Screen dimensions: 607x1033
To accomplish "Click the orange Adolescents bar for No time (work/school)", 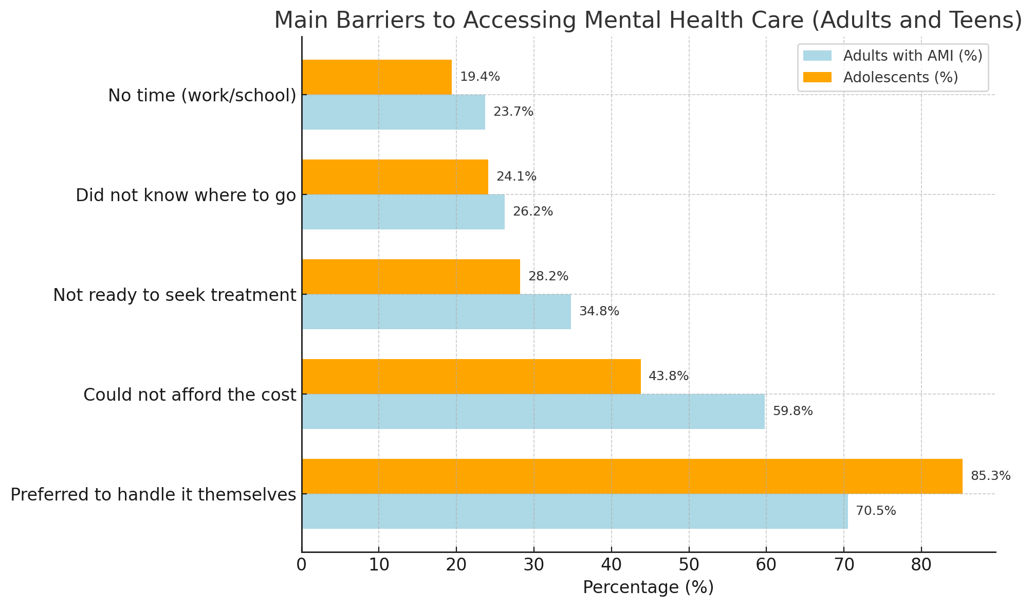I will (x=377, y=77).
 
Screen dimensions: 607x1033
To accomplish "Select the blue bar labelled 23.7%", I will (x=393, y=112).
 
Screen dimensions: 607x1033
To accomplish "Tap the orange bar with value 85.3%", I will (x=632, y=476).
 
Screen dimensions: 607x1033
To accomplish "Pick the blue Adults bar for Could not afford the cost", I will (x=533, y=412).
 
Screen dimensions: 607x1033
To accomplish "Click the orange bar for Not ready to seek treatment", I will (x=411, y=277).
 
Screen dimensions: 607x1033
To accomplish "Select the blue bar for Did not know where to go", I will (x=403, y=212).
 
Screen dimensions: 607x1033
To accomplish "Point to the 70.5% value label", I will (x=876, y=511).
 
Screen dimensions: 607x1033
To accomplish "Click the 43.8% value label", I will (x=668, y=377).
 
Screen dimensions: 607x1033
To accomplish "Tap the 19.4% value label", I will (x=479, y=77).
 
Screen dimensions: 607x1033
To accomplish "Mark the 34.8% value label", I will (x=599, y=312).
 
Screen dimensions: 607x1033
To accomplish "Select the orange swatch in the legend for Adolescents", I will (x=817, y=77).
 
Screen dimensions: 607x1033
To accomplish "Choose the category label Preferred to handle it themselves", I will (x=153, y=495).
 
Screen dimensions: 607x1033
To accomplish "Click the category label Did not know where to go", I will (x=186, y=195).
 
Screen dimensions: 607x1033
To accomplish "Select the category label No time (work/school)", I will (x=202, y=96).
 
